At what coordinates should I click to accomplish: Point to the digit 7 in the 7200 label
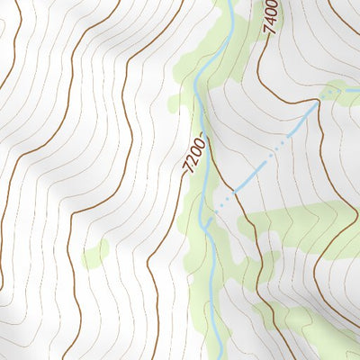187,169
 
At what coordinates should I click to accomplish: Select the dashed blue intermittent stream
270,158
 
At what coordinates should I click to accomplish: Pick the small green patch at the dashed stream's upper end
331,91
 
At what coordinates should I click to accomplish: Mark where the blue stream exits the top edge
230,3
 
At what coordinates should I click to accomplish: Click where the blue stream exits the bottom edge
219,357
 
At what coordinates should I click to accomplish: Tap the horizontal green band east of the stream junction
288,220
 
